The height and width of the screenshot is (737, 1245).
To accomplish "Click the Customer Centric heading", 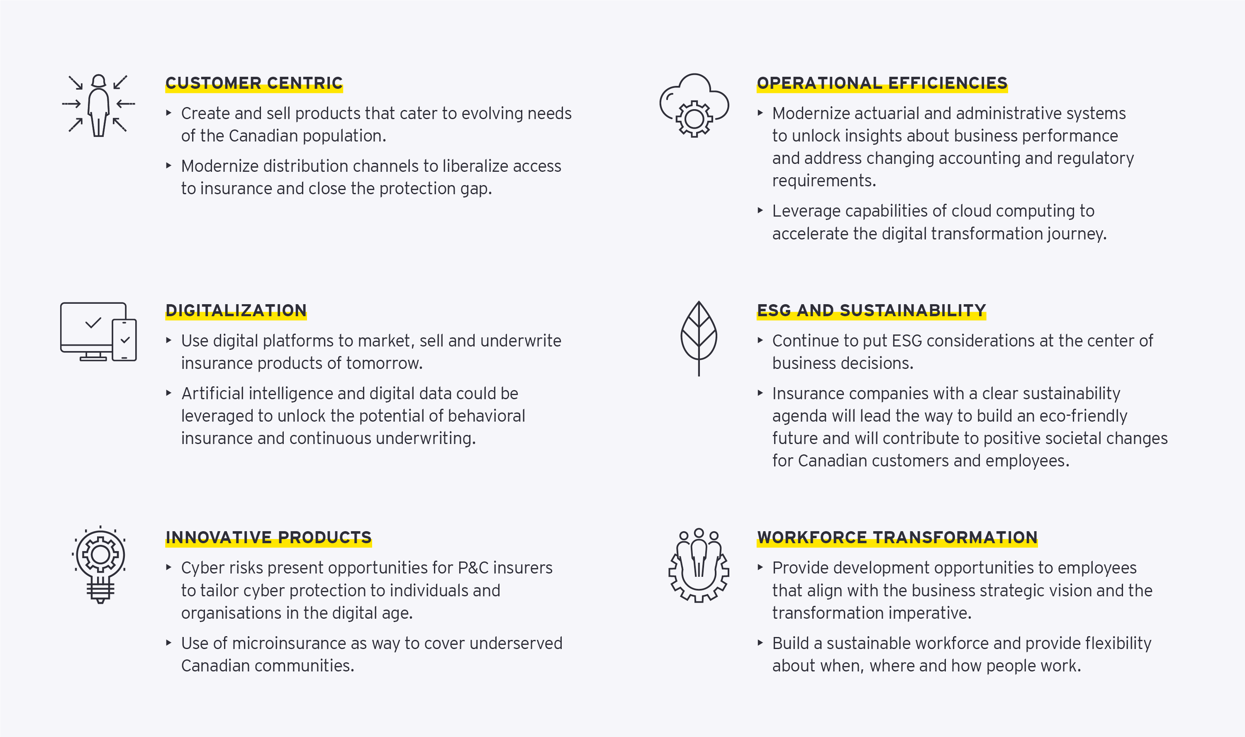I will (x=253, y=83).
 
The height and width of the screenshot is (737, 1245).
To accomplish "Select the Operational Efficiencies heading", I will (x=882, y=83).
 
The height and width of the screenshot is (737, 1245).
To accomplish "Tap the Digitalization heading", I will (x=236, y=310).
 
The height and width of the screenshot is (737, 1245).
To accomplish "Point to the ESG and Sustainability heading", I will (x=871, y=310).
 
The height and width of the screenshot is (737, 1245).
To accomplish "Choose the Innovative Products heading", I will (x=268, y=537).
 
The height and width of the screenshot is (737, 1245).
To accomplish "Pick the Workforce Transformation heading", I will (x=897, y=537).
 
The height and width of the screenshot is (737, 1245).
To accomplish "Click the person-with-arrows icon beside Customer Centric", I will (x=98, y=105).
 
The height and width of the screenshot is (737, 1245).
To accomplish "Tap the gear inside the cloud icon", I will (x=694, y=119).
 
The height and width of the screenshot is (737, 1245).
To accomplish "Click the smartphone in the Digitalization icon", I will (x=124, y=340).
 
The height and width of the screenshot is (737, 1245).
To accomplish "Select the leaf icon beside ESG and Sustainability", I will (x=699, y=338).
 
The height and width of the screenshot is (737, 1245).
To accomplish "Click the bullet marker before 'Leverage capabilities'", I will (x=760, y=210).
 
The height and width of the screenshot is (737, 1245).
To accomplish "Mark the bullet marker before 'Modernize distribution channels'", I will (x=169, y=166).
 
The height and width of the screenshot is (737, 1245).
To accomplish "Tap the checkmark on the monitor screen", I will (x=93, y=323).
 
